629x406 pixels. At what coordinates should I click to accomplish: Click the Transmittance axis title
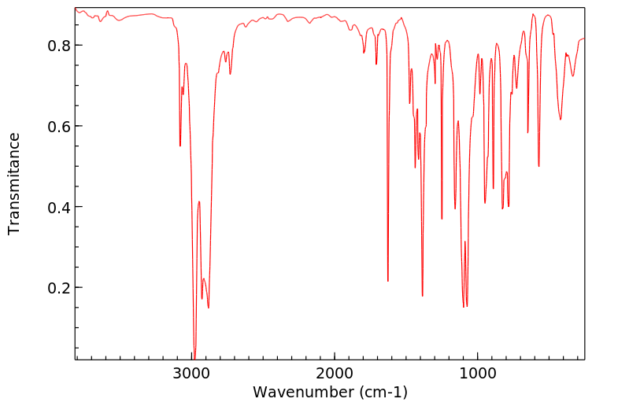(x=14, y=183)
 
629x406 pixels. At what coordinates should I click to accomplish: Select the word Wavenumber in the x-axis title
(x=299, y=392)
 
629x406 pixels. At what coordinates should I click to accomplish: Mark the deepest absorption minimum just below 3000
(x=194, y=356)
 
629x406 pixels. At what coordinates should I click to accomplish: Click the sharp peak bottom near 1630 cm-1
(x=388, y=281)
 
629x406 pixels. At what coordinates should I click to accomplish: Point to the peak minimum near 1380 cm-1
(x=423, y=296)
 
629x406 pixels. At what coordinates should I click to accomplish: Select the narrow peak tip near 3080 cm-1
(x=180, y=146)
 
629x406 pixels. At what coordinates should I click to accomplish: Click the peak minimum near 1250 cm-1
(x=442, y=219)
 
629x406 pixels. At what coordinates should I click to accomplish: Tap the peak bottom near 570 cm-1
(x=538, y=166)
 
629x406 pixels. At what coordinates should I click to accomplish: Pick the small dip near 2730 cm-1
(x=230, y=74)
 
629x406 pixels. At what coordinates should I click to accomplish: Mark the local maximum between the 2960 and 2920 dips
(x=199, y=201)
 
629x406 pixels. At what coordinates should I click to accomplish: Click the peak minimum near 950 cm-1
(x=485, y=202)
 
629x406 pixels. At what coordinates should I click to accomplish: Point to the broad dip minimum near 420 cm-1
(x=561, y=120)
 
